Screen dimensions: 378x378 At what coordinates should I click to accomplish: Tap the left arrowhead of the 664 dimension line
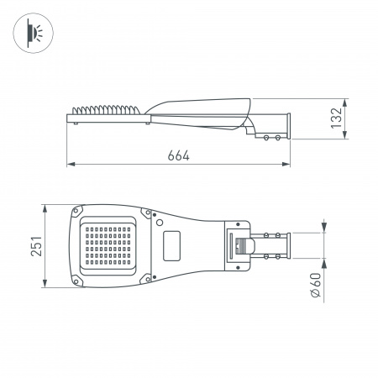pos(70,164)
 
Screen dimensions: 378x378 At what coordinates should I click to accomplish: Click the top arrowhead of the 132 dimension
pos(344,97)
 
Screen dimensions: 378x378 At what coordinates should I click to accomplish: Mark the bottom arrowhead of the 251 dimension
pos(42,285)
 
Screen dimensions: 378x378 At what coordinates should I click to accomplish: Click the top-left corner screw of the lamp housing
pos(79,210)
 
